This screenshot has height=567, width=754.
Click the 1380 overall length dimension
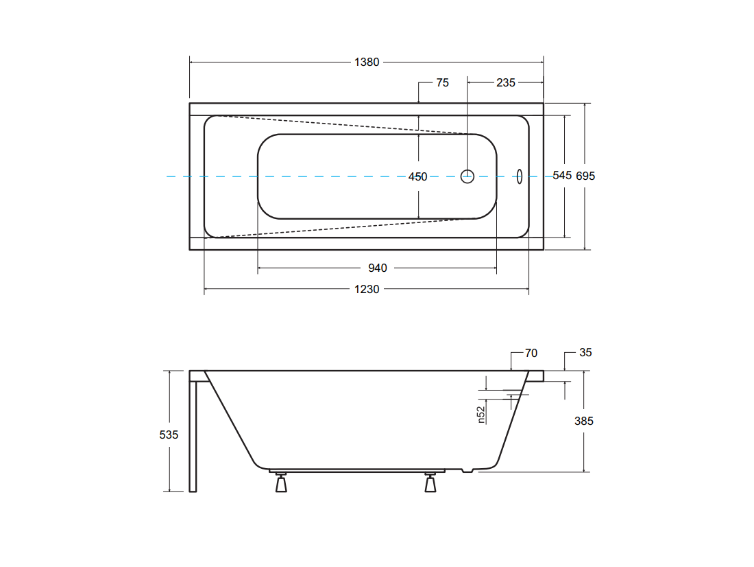click(367, 62)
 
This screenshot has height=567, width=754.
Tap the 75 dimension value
click(442, 83)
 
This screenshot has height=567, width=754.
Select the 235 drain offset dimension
click(505, 83)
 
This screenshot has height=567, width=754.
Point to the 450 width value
click(417, 177)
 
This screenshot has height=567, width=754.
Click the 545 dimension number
click(562, 175)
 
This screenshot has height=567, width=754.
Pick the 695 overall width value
click(585, 176)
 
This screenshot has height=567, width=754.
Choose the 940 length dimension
click(378, 268)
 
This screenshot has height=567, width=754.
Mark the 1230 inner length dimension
click(367, 289)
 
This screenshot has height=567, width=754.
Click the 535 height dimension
click(169, 435)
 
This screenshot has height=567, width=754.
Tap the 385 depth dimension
click(584, 421)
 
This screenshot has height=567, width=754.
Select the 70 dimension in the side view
click(531, 353)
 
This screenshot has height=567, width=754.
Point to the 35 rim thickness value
click(585, 353)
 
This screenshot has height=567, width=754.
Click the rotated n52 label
click(481, 415)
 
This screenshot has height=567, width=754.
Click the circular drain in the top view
click(467, 171)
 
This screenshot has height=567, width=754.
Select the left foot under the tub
click(281, 482)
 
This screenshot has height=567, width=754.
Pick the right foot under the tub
click(430, 482)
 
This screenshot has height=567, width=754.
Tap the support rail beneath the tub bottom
click(357, 471)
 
